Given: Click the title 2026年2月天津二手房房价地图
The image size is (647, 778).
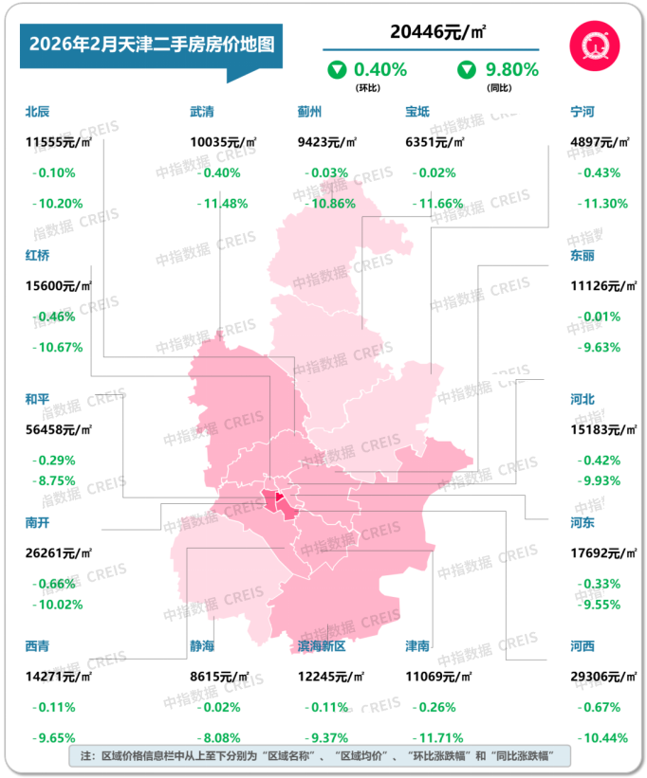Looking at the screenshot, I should tap(152, 45).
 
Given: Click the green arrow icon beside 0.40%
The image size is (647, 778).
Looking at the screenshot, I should tap(336, 69).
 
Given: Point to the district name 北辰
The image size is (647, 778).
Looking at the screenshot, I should tap(38, 111).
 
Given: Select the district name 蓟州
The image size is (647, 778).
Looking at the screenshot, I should tap(310, 111).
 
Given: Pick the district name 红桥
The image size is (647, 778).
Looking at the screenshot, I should tap(38, 255).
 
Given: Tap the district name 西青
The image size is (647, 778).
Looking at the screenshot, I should tap(38, 645).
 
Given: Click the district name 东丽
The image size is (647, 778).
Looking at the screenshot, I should tap(582, 255).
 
